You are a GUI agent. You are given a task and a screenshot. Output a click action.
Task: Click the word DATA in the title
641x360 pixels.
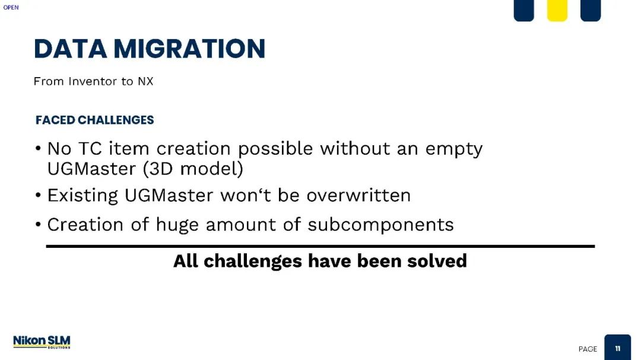tap(70, 49)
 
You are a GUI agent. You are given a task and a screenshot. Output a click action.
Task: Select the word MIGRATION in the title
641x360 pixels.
tap(190, 49)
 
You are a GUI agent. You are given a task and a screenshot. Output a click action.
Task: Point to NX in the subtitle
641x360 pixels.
tap(145, 81)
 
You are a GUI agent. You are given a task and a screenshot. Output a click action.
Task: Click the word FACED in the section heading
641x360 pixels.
tap(55, 120)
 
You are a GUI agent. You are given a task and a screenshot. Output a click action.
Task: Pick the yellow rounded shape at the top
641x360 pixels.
tap(557, 9)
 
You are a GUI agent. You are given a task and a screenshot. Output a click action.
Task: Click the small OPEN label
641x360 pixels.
tap(11, 7)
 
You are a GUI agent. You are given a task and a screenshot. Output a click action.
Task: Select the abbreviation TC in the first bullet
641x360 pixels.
tap(90, 149)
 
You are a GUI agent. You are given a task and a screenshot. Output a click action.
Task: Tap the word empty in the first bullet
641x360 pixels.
tap(454, 149)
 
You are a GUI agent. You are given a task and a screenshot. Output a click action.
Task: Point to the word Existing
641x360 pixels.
tap(82, 196)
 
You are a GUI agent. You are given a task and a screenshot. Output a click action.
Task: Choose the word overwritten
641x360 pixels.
tap(358, 195)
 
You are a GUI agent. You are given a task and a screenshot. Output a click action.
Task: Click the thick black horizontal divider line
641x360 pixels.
tap(320, 246)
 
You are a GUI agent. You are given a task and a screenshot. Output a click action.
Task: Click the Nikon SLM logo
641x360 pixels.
tap(42, 342)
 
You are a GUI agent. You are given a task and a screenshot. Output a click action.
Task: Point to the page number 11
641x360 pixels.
tap(618, 349)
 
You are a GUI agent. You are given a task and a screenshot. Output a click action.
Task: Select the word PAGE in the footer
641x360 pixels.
tap(588, 349)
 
